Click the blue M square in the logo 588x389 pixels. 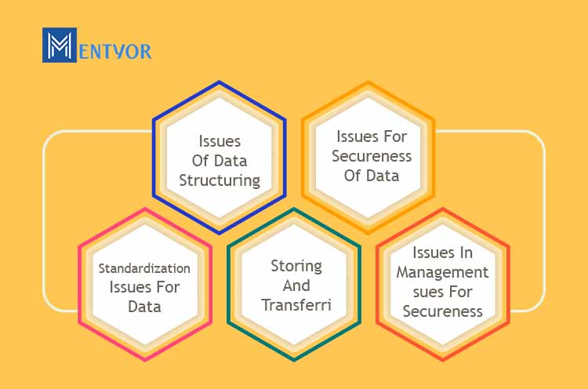click(60, 45)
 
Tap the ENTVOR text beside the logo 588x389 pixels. click(115, 52)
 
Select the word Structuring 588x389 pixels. click(220, 180)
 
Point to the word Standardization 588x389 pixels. click(144, 268)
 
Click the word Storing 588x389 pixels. click(296, 267)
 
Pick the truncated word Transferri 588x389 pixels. click(296, 305)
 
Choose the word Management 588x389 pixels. click(442, 273)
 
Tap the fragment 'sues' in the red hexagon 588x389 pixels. click(427, 293)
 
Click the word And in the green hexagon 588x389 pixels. click(296, 285)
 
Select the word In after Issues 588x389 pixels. click(464, 253)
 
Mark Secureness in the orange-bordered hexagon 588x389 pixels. click(372, 156)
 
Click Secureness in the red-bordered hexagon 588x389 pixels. click(442, 311)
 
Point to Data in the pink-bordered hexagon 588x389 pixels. click(144, 307)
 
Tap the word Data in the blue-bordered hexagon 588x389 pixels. click(230, 161)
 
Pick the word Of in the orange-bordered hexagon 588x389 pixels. click(353, 176)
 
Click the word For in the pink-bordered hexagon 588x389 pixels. click(168, 287)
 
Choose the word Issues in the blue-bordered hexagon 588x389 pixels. click(220, 141)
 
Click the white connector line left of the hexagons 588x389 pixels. click(44, 221)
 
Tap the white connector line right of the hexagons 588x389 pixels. click(544, 221)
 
